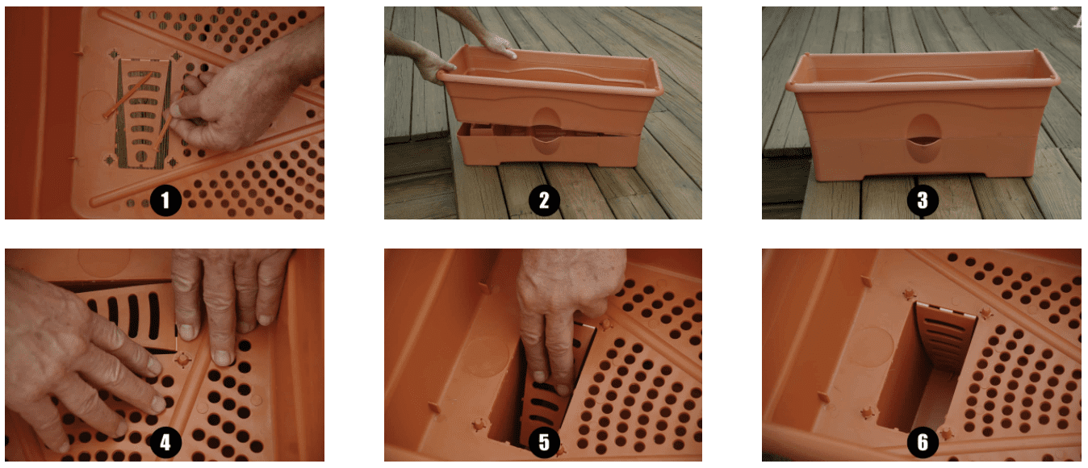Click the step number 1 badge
coord(165,200)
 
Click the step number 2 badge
coord(543,200)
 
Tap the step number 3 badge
coord(922,200)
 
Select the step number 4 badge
coord(165,442)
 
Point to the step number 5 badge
coord(543,442)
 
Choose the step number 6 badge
coord(922,442)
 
